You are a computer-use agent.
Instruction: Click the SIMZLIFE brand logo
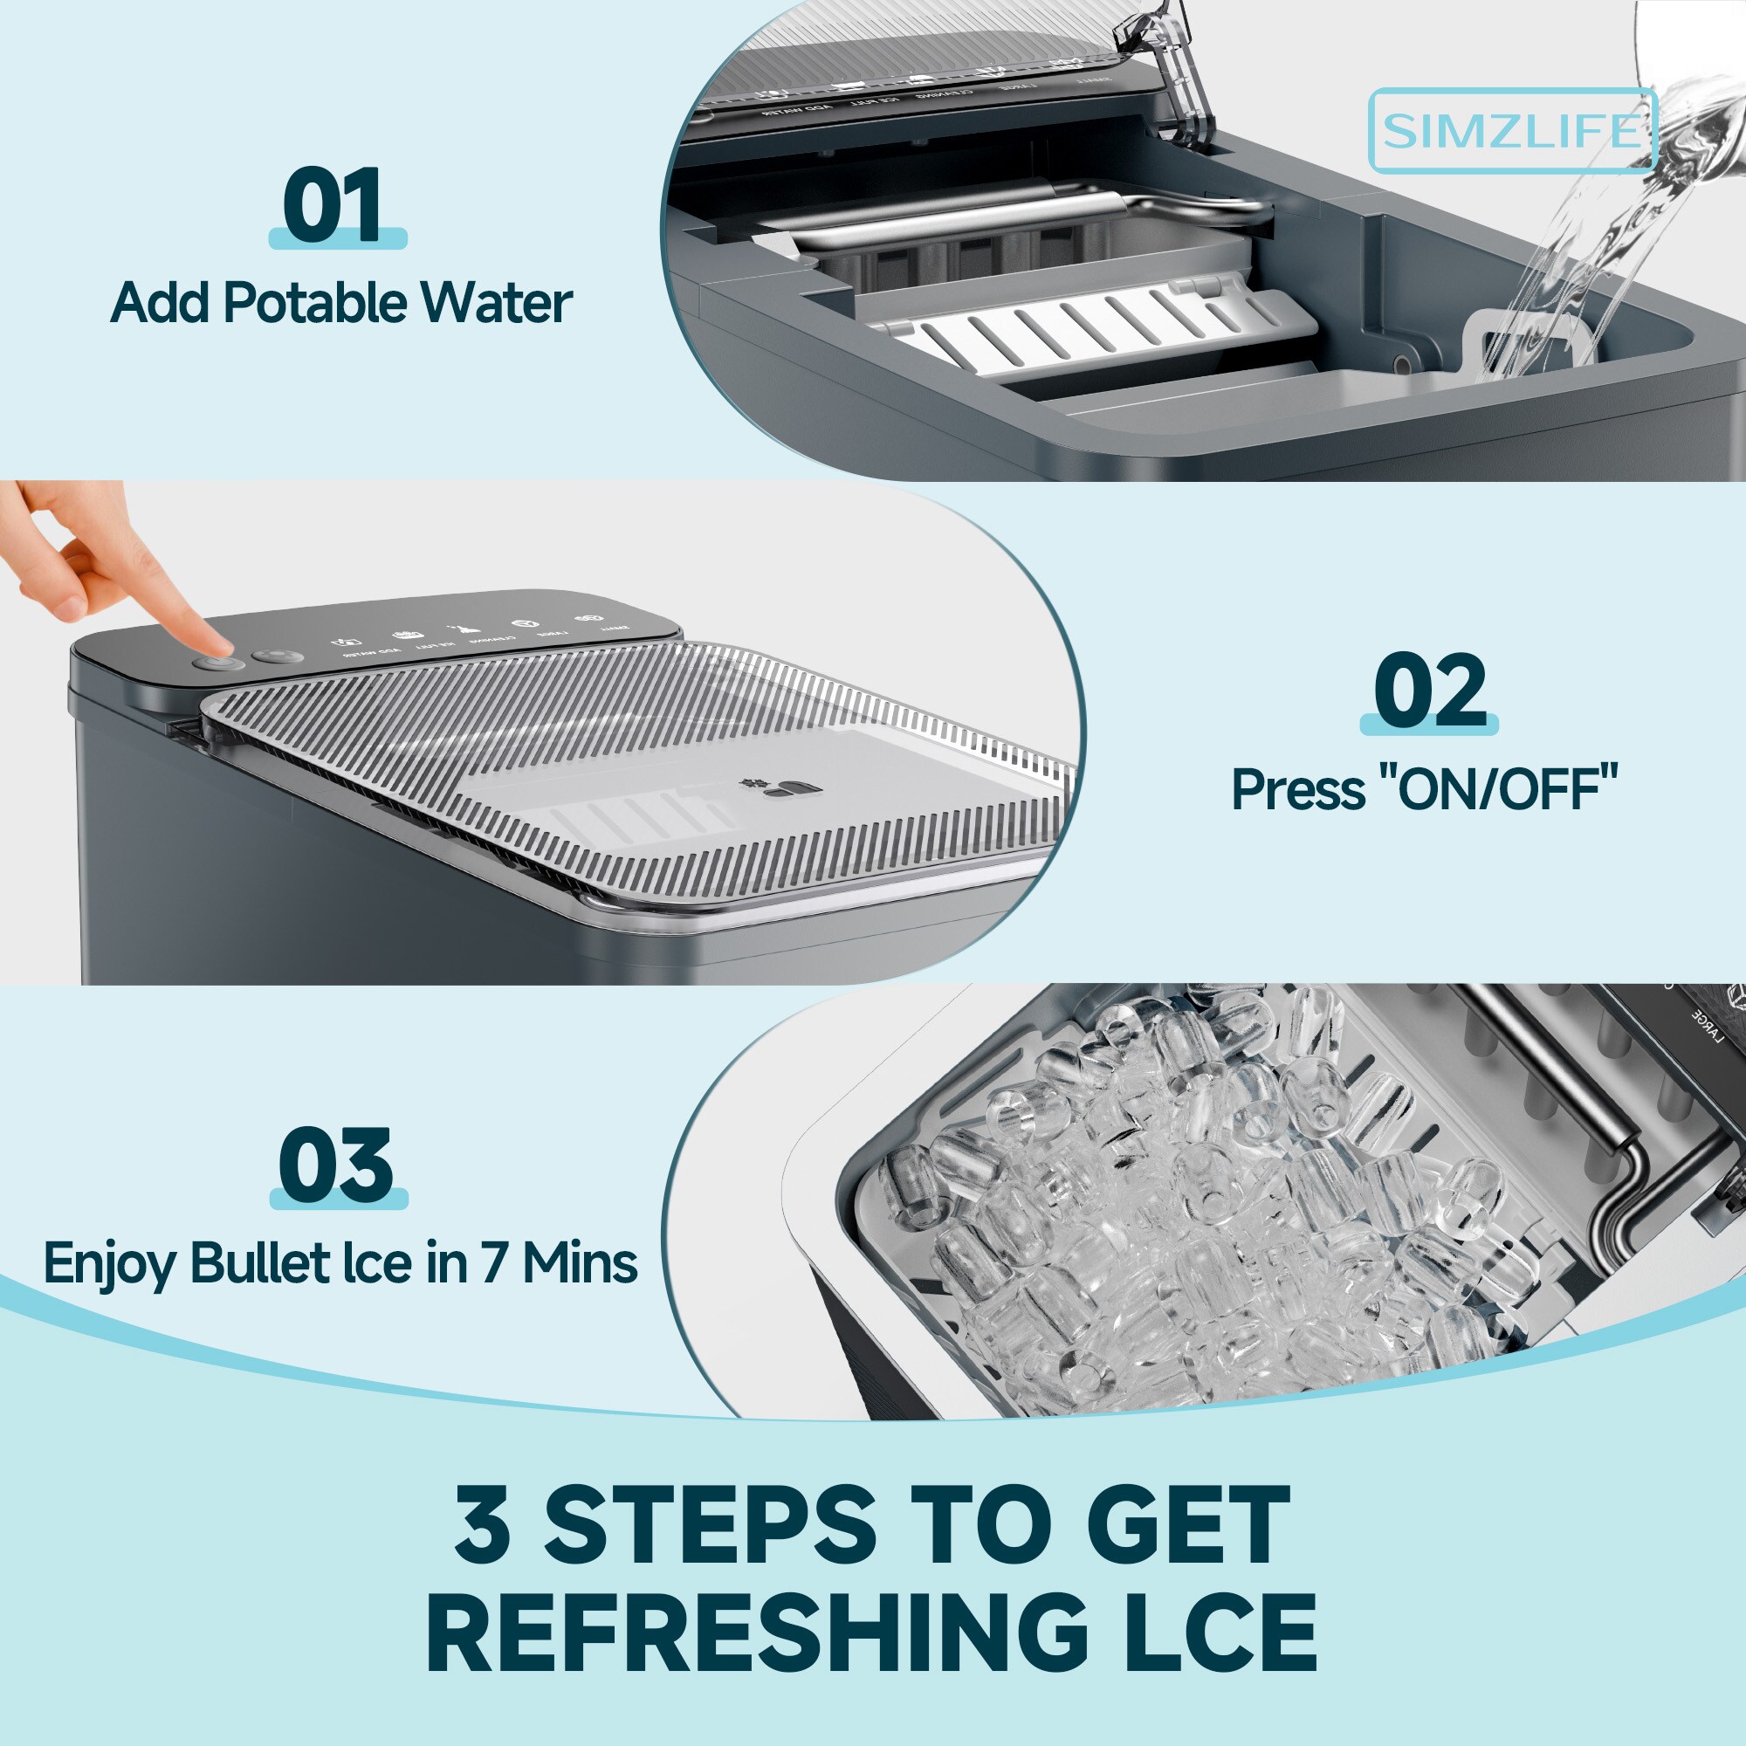pos(1512,131)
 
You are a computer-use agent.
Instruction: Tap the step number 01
pos(335,205)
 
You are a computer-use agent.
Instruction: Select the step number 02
pos(1429,691)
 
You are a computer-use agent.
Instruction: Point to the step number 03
pos(337,1165)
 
